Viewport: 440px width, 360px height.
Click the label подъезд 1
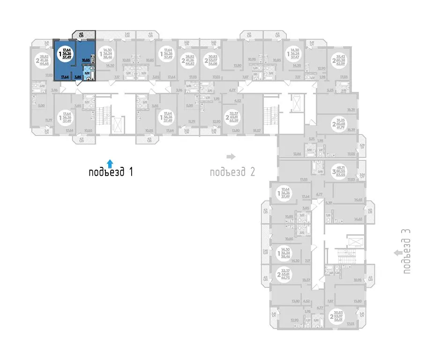click(x=111, y=172)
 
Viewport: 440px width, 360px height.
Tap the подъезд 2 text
click(x=232, y=172)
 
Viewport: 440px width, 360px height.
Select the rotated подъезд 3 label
click(x=406, y=251)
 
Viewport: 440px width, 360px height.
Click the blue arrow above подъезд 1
click(x=110, y=162)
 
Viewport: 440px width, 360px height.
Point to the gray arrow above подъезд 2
click(x=230, y=156)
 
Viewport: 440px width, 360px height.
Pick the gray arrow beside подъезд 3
click(x=398, y=253)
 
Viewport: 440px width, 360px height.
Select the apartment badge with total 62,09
click(x=341, y=60)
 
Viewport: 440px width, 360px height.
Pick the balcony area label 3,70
click(x=362, y=146)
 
